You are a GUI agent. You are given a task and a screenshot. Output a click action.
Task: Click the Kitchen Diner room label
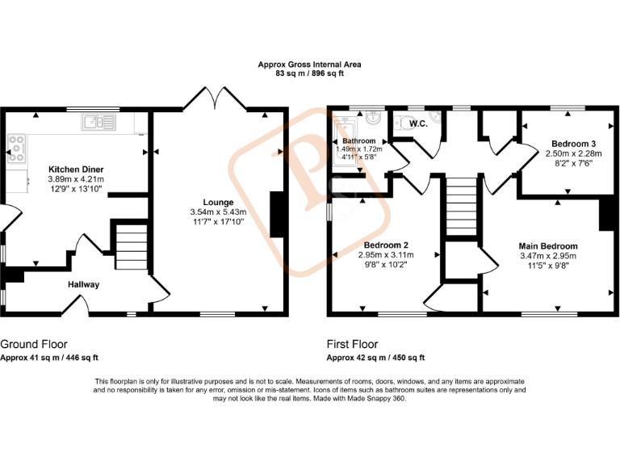point(76,170)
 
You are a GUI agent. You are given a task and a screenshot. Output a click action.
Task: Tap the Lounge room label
point(218,203)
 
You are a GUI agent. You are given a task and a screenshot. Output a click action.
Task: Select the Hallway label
point(83,284)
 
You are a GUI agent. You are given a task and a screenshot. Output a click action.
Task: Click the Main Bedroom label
point(548,246)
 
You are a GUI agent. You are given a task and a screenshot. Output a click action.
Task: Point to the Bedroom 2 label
point(384,245)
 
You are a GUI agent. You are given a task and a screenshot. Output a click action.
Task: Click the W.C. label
point(418,124)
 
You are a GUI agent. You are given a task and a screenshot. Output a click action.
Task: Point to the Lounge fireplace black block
point(277,214)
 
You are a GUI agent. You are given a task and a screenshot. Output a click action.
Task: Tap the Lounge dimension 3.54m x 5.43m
point(218,212)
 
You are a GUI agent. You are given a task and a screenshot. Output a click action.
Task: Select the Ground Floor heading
point(34,344)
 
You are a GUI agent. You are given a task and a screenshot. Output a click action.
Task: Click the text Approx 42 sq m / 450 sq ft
point(375,358)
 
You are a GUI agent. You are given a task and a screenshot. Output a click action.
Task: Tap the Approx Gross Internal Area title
point(309,65)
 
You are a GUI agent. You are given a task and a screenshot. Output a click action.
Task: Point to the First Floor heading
point(352,344)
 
